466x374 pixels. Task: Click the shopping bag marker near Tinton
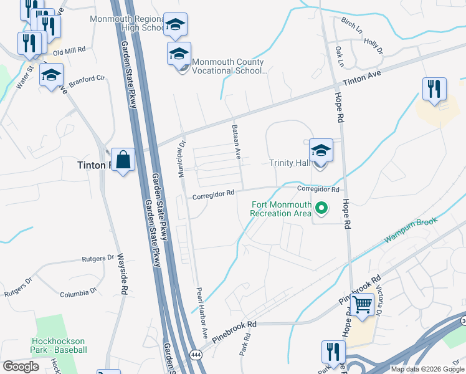point(123,160)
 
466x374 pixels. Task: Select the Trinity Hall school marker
point(321,151)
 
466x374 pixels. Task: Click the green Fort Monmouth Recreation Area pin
point(321,208)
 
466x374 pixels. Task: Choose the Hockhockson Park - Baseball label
point(59,345)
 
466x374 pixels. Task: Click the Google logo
point(21,366)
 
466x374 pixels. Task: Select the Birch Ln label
point(351,26)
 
